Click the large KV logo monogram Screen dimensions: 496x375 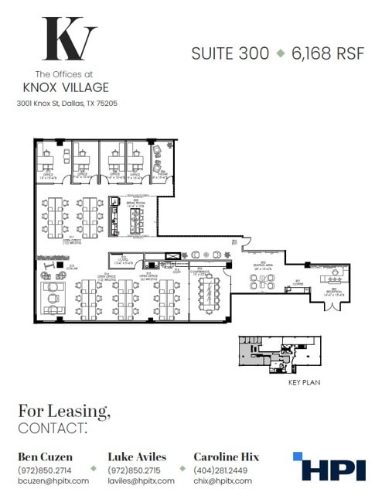(69, 39)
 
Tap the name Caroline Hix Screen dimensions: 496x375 (227, 457)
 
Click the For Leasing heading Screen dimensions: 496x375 (64, 411)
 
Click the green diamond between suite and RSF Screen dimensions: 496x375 (279, 53)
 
